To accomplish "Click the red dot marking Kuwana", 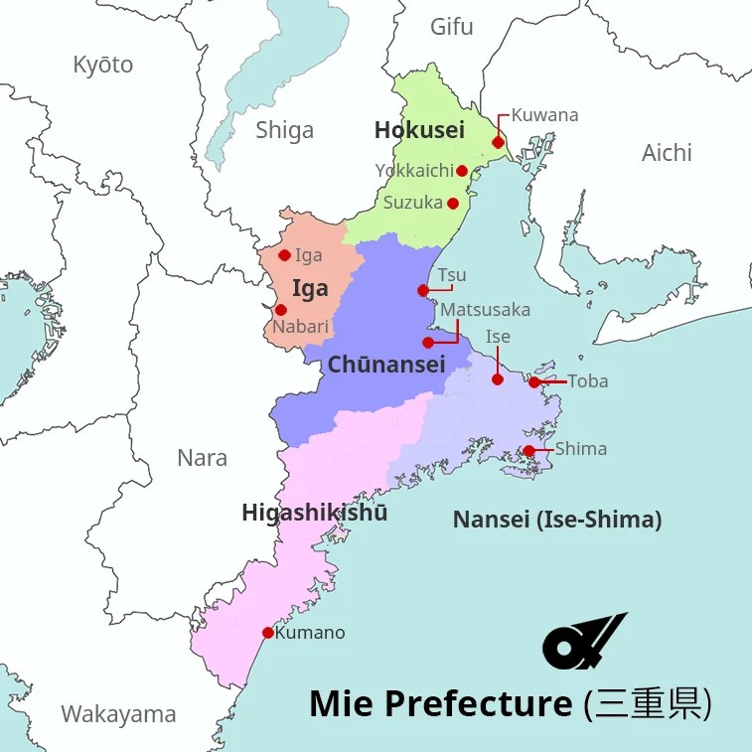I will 498,142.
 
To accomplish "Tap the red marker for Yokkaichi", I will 462,171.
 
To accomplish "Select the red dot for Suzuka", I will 453,204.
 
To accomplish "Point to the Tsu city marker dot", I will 423,291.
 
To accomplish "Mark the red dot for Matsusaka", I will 428,343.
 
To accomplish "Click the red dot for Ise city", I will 498,379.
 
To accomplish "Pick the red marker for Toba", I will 534,382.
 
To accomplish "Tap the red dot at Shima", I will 529,451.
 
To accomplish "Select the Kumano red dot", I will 267,633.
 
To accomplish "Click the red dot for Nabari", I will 281,310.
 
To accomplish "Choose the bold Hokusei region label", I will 419,130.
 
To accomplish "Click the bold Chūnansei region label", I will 386,365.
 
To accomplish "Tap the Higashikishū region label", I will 315,513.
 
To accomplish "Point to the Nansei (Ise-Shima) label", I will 556,519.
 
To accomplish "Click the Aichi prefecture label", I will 667,153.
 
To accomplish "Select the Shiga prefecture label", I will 284,130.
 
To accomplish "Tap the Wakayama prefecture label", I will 118,714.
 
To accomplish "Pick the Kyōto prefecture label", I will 102,66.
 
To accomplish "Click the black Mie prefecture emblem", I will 584,642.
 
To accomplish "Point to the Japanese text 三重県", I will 648,703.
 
